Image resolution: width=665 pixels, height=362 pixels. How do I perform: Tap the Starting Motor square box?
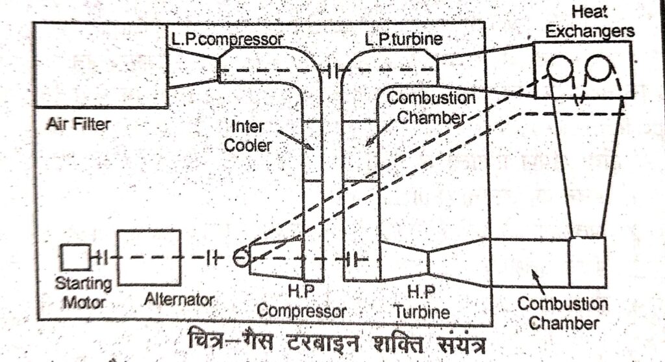[76, 257]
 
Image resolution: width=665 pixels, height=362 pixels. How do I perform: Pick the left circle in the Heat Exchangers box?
[559, 68]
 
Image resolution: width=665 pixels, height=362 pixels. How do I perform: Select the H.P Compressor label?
[301, 303]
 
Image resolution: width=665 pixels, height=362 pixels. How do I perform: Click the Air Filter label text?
[79, 123]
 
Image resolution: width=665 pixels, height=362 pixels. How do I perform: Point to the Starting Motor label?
[83, 292]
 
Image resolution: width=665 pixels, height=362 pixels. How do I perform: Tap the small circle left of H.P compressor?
[240, 258]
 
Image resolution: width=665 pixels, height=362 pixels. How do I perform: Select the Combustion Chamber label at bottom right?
[562, 313]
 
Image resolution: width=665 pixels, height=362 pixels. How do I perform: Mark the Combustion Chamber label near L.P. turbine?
[431, 108]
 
